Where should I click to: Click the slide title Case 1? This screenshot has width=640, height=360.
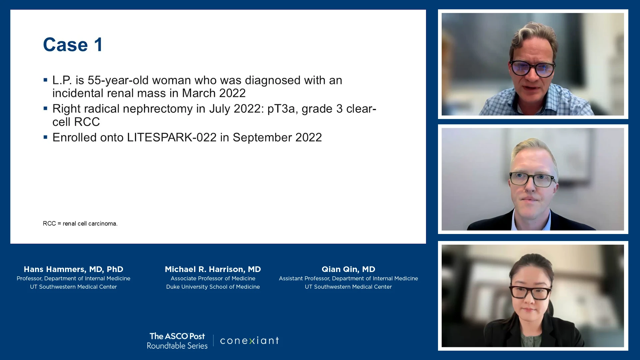pyautogui.click(x=73, y=45)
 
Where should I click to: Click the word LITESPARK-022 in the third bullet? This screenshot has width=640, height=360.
pyautogui.click(x=172, y=137)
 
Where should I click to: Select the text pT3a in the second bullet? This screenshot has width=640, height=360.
pyautogui.click(x=281, y=109)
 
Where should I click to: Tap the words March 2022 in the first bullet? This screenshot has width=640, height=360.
pyautogui.click(x=214, y=93)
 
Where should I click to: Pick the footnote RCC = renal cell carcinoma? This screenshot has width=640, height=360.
pyautogui.click(x=80, y=223)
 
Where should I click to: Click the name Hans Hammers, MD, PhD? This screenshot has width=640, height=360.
pyautogui.click(x=73, y=269)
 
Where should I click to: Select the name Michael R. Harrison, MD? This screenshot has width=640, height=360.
pyautogui.click(x=213, y=269)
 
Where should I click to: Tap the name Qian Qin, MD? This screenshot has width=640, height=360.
pyautogui.click(x=348, y=269)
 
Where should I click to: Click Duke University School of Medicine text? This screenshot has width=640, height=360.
pyautogui.click(x=213, y=287)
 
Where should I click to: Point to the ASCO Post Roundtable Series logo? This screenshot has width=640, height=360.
pyautogui.click(x=177, y=341)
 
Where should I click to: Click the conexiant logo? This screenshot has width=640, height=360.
pyautogui.click(x=250, y=340)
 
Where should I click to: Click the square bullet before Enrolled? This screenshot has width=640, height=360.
pyautogui.click(x=45, y=137)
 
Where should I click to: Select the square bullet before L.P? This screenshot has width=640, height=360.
pyautogui.click(x=45, y=80)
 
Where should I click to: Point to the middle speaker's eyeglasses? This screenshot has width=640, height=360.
pyautogui.click(x=532, y=179)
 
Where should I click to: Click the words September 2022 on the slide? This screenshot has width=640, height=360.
pyautogui.click(x=277, y=137)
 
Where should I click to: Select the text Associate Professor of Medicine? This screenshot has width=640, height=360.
pyautogui.click(x=213, y=278)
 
